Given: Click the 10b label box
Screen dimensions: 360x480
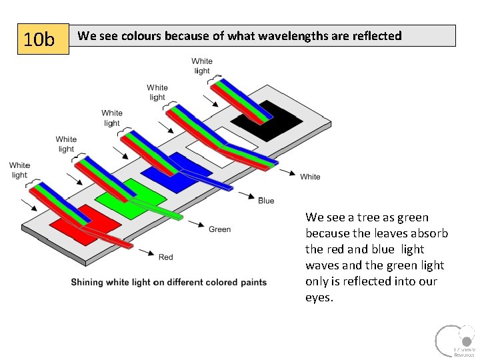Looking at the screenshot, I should tap(43, 40).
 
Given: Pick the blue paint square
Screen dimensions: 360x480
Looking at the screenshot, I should tap(165, 170).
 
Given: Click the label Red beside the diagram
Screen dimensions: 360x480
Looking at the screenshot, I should tap(166, 257).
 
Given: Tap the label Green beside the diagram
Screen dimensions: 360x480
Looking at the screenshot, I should tap(219, 229).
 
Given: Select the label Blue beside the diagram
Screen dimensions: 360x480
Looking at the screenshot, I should tap(266, 201).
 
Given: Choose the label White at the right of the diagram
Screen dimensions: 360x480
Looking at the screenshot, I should tap(310, 177).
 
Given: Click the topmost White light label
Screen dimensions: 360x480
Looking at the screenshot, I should tap(202, 66).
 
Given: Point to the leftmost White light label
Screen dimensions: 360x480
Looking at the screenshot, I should tap(19, 170).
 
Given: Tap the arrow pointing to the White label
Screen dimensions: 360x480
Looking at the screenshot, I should tap(288, 172).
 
